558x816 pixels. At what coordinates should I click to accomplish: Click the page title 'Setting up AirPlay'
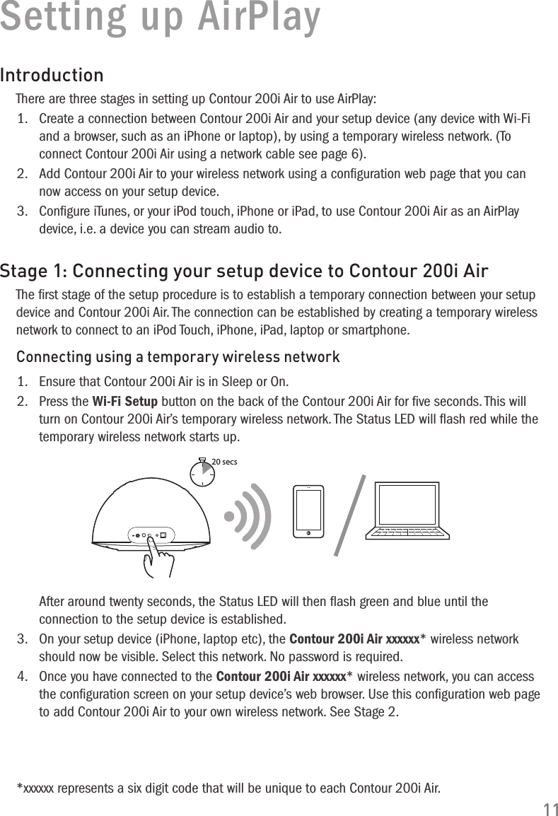(160, 18)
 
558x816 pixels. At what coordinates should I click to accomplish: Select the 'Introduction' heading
(52, 74)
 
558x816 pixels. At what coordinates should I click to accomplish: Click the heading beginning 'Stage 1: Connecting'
(244, 272)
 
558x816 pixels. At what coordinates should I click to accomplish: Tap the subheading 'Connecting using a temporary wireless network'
(178, 356)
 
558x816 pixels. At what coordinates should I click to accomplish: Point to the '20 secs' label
(225, 462)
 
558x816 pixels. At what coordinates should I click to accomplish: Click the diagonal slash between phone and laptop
(350, 514)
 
